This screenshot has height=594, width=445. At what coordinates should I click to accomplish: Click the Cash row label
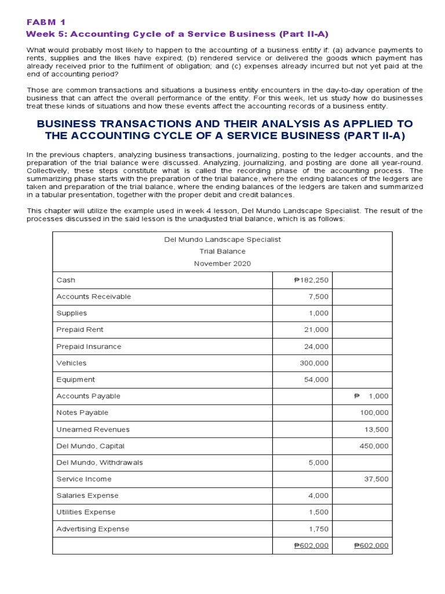pyautogui.click(x=66, y=280)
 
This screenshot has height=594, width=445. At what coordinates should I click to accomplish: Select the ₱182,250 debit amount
pyautogui.click(x=312, y=280)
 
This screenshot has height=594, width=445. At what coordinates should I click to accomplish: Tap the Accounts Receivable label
pyautogui.click(x=94, y=296)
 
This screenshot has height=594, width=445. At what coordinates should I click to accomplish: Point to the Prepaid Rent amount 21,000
pyautogui.click(x=316, y=329)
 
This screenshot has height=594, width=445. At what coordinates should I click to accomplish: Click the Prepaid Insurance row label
pyautogui.click(x=89, y=346)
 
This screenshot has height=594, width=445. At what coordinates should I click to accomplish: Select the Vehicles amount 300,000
pyautogui.click(x=314, y=363)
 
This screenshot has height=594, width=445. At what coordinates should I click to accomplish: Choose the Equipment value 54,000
pyautogui.click(x=316, y=379)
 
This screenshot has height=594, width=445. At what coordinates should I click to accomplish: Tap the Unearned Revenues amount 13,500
pyautogui.click(x=377, y=429)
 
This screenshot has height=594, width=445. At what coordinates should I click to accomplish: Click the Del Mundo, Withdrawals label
pyautogui.click(x=100, y=462)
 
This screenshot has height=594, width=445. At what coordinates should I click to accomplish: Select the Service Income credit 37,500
pyautogui.click(x=377, y=479)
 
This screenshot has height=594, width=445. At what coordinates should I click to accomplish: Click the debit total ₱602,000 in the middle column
pyautogui.click(x=312, y=546)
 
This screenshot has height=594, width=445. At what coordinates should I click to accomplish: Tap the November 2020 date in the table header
pyautogui.click(x=222, y=263)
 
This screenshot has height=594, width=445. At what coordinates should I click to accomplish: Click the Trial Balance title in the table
pyautogui.click(x=222, y=251)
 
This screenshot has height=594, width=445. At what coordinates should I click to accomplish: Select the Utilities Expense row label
pyautogui.click(x=86, y=512)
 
